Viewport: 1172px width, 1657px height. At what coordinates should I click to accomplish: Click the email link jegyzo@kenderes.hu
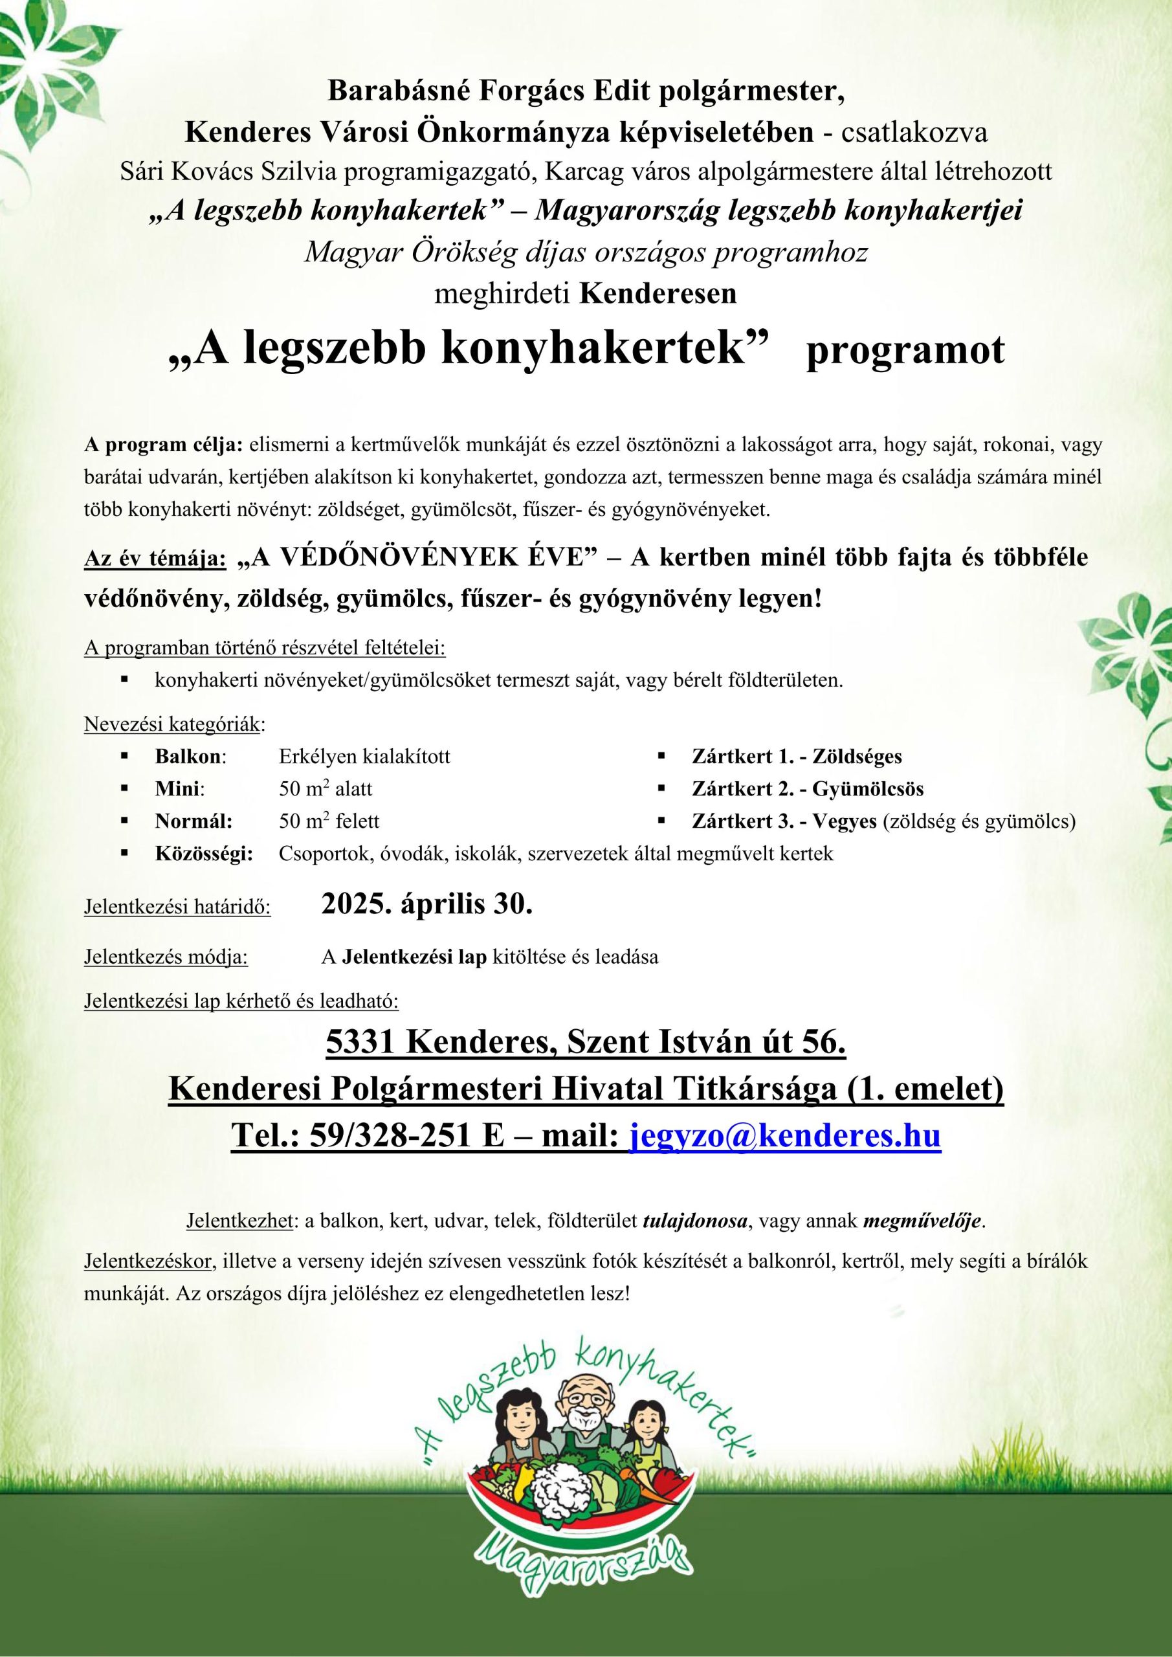pos(785,1135)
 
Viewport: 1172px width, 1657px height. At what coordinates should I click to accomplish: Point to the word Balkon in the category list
pos(188,757)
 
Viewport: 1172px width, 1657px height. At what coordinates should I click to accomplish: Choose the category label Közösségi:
pos(203,854)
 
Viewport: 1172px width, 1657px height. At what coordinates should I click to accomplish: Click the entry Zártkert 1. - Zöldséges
pos(796,757)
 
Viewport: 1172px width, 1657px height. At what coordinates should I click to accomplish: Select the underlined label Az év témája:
pos(155,560)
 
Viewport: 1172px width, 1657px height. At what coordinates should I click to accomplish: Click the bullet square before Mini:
pos(125,789)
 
